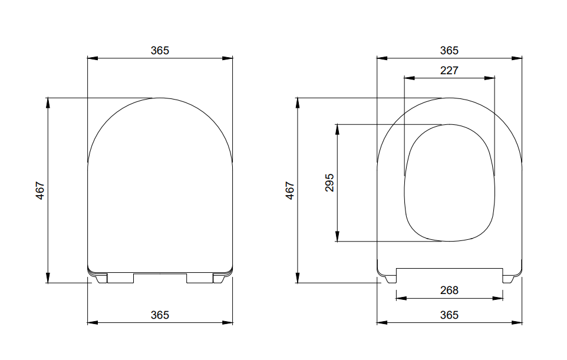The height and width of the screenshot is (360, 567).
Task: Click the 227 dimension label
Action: [449, 70]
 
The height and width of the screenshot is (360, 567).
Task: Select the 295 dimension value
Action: [329, 183]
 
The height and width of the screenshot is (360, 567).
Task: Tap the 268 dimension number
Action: [449, 290]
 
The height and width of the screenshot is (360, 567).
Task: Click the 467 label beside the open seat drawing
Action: [290, 190]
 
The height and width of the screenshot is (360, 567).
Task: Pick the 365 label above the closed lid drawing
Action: [159, 51]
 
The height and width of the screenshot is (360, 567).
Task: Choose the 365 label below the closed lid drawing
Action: [159, 315]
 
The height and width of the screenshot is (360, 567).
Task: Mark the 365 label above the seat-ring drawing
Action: [449, 51]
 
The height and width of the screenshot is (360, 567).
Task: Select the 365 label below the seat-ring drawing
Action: [449, 315]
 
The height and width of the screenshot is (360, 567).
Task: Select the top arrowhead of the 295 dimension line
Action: [337, 128]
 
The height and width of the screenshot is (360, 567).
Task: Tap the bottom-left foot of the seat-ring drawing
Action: [390, 279]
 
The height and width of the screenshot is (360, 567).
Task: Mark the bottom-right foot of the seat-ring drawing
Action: [510, 279]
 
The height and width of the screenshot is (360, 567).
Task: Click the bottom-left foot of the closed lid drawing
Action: [101, 279]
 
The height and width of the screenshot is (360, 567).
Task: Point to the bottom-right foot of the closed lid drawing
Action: [219, 279]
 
